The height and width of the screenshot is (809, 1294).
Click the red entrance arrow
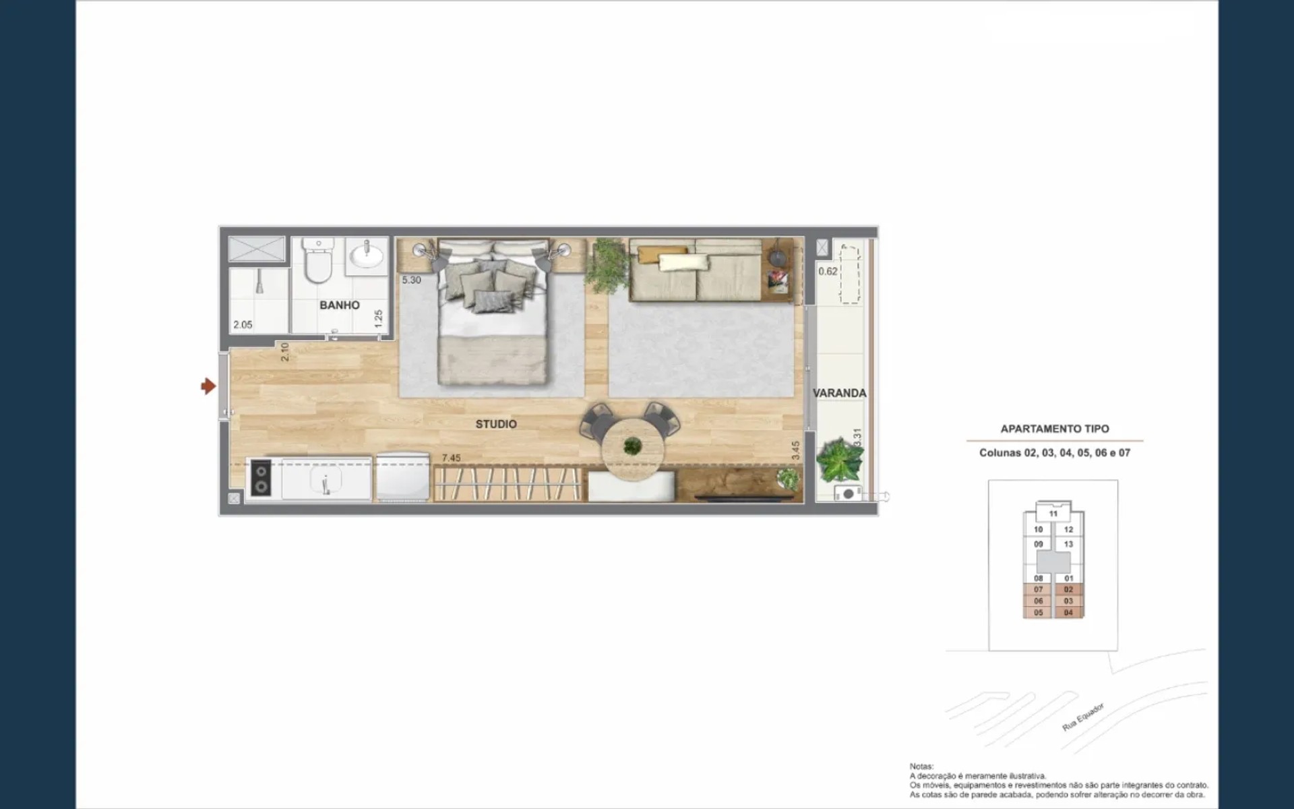click(x=208, y=386)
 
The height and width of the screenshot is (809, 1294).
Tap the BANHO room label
click(x=339, y=305)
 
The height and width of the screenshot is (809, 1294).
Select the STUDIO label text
click(x=496, y=424)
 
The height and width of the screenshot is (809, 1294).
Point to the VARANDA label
click(x=839, y=393)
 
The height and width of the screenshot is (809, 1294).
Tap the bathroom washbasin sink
click(x=366, y=256)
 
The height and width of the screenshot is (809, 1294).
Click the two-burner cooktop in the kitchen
click(x=261, y=477)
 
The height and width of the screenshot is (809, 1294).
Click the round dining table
click(x=633, y=448)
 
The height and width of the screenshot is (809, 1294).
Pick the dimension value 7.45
click(x=451, y=458)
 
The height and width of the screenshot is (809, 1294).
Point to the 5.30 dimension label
click(x=411, y=280)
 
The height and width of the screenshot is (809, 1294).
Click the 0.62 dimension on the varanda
click(x=828, y=271)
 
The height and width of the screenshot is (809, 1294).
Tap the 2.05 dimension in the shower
click(x=243, y=324)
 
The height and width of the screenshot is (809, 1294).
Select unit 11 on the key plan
click(x=1053, y=514)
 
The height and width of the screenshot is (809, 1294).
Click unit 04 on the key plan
click(x=1068, y=613)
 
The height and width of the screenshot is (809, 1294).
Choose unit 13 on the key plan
click(x=1068, y=544)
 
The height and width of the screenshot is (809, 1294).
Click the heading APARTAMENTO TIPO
click(x=1055, y=429)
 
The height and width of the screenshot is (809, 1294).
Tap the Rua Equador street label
click(x=1084, y=717)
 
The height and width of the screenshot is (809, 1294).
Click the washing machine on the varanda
click(x=848, y=493)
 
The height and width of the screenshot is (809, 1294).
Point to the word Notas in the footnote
click(x=921, y=767)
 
